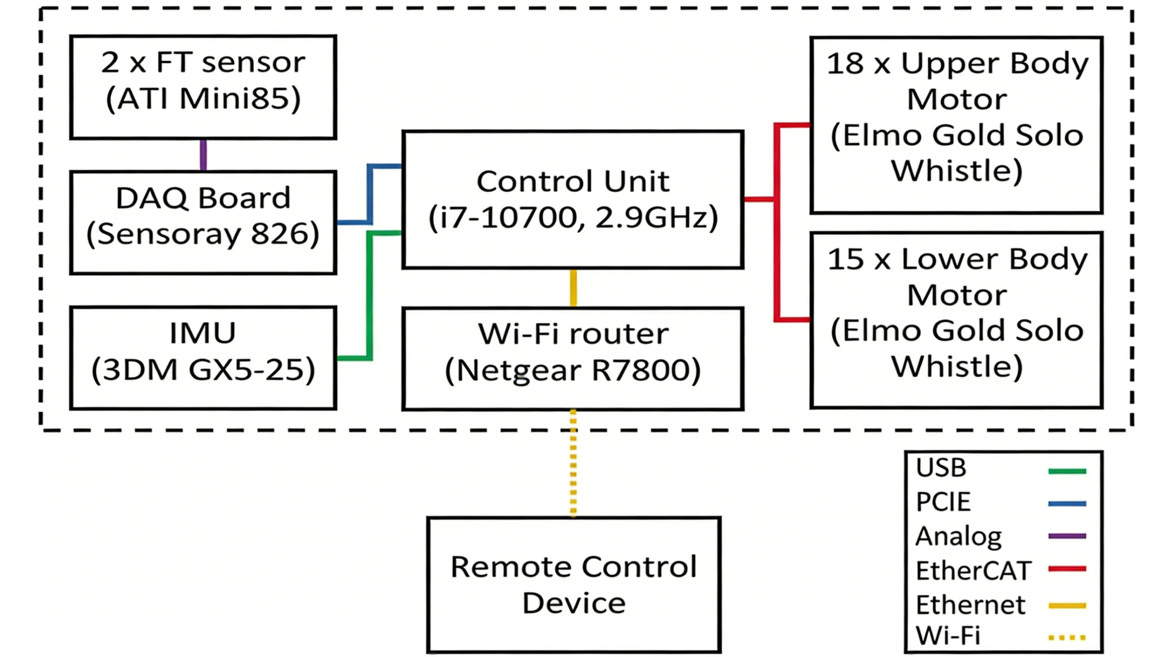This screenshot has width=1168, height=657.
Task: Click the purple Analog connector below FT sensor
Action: [x=203, y=155]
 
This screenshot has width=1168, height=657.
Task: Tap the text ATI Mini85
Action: [x=203, y=98]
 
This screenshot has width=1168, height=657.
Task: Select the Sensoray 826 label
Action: [x=203, y=234]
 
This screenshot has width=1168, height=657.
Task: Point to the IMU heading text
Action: [x=203, y=333]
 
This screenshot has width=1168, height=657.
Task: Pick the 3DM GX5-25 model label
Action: [x=203, y=369]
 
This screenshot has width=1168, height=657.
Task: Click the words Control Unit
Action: [x=573, y=181]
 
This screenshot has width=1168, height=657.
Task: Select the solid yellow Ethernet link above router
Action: [x=573, y=288]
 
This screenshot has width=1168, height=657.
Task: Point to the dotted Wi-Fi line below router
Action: [x=573, y=463]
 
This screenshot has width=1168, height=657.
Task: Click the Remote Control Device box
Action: [x=574, y=585]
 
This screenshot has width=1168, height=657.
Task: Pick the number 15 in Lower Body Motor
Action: [x=845, y=259]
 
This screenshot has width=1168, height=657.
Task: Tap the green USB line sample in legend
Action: [x=1067, y=471]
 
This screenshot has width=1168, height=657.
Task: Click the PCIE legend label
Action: [x=943, y=502]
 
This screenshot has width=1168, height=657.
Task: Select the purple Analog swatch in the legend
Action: [x=1067, y=536]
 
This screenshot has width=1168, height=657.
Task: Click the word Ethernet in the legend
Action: [x=970, y=605]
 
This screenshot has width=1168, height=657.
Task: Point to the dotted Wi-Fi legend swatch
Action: [x=1067, y=637]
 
